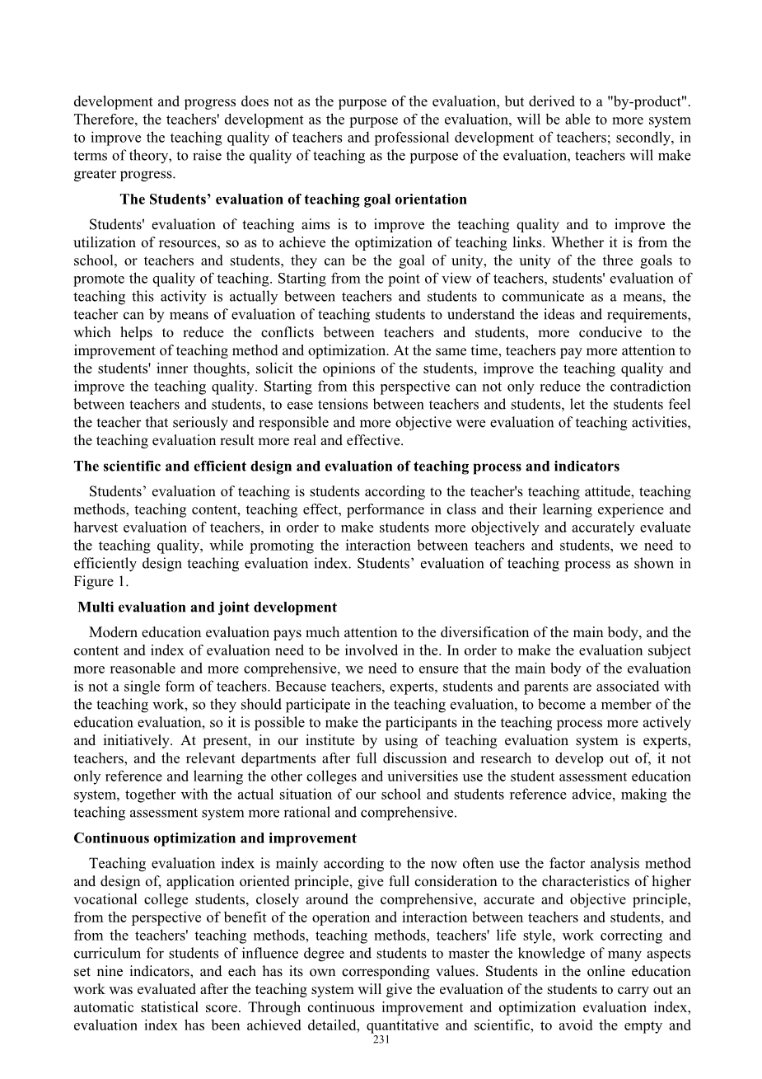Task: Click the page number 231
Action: coord(381,1040)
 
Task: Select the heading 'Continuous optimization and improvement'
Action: coord(215,838)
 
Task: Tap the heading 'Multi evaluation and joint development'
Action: coord(207,608)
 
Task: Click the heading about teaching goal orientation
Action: coord(293,199)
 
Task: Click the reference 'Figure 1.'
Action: coord(94,582)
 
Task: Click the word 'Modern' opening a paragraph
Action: coord(112,632)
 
